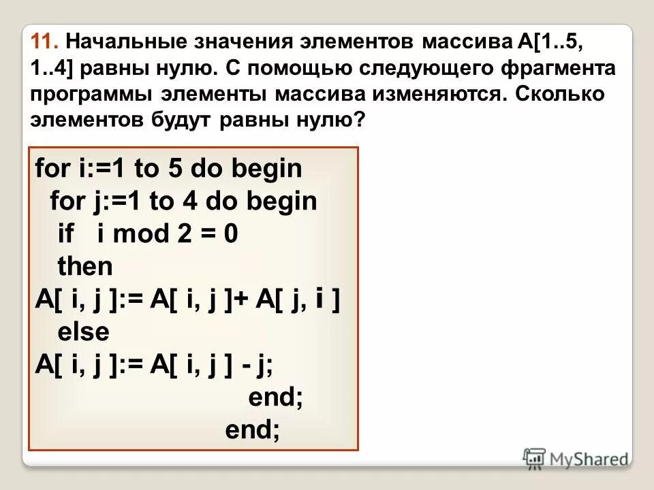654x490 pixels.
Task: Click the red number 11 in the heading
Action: (43, 42)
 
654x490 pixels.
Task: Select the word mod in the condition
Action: (134, 234)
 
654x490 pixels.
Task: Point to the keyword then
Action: (85, 267)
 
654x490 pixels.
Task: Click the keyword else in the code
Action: (83, 332)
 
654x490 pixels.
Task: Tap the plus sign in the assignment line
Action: (243, 299)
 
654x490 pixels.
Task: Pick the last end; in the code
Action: (252, 430)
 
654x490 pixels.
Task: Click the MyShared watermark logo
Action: (576, 459)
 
